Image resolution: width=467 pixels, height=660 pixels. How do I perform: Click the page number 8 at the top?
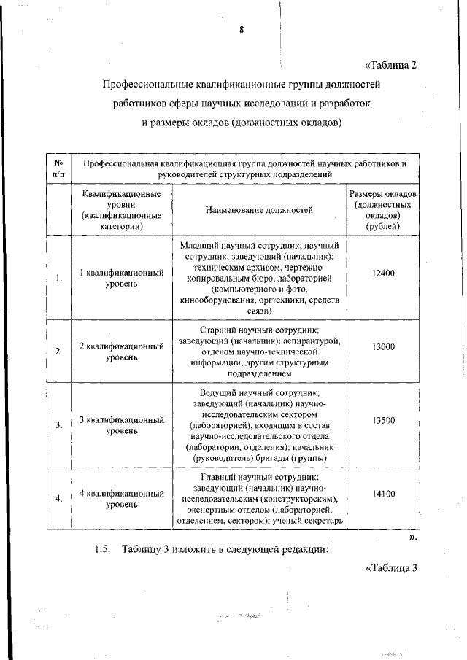[x=241, y=30]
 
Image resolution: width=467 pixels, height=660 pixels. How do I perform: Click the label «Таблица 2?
[x=390, y=65]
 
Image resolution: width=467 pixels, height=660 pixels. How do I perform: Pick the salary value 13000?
[x=382, y=347]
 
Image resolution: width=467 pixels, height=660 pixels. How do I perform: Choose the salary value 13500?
[x=382, y=420]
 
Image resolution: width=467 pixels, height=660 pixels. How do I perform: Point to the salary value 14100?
[x=382, y=494]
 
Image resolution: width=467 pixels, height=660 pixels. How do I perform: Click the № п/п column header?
[x=58, y=168]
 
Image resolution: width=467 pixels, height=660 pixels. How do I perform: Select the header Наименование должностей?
[x=259, y=210]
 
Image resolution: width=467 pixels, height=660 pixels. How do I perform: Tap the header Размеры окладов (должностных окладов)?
[x=382, y=210]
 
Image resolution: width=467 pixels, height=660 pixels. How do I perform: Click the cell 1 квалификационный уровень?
[x=121, y=278]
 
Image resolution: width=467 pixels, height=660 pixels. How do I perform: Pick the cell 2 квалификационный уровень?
[x=121, y=351]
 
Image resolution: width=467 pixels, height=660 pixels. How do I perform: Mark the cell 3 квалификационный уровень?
[x=121, y=425]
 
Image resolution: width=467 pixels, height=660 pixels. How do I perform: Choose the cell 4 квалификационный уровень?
[x=121, y=499]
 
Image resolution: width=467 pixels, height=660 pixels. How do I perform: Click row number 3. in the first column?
[x=58, y=424]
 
